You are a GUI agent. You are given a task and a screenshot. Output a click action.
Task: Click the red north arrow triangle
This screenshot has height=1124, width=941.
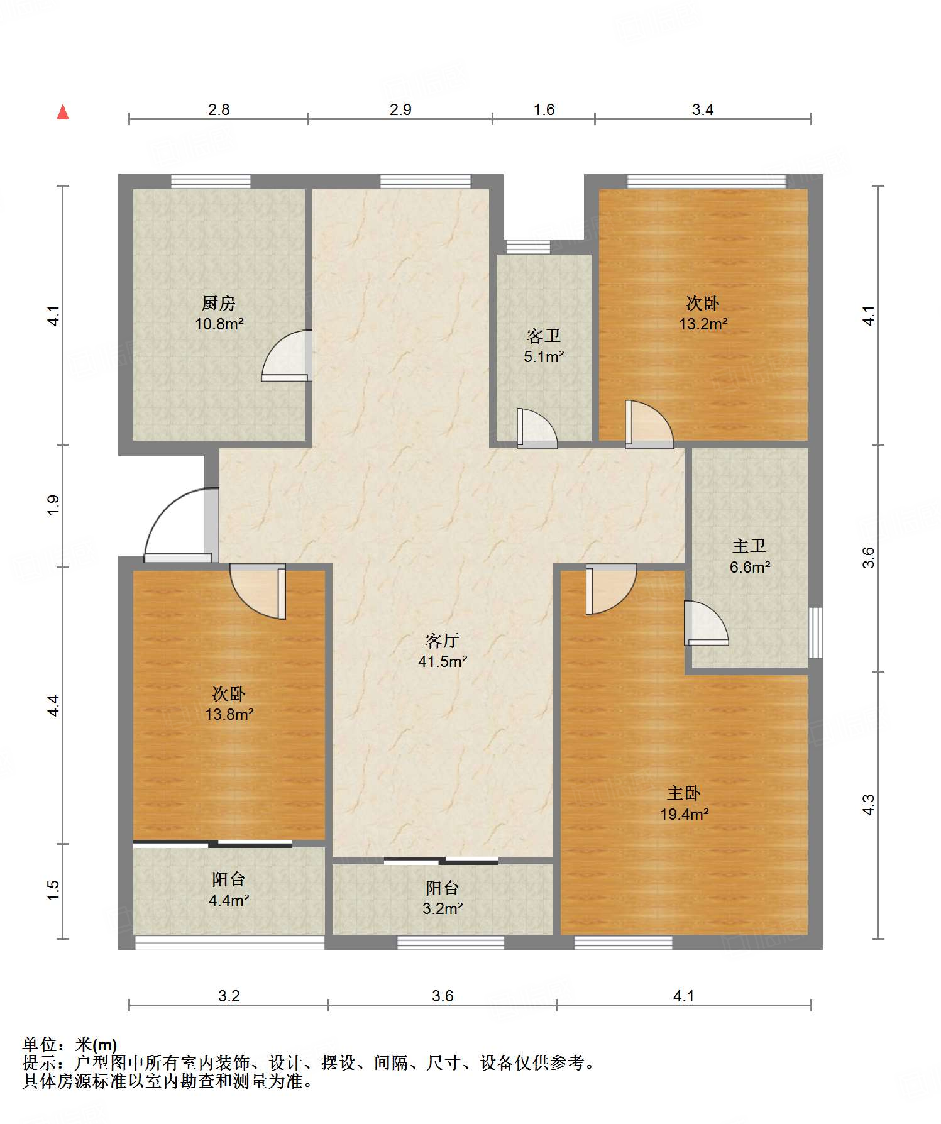point(63,112)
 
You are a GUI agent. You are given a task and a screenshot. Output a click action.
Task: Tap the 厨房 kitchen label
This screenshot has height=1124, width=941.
point(219,304)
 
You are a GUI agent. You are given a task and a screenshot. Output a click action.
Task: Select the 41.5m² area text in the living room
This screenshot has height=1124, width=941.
point(443,661)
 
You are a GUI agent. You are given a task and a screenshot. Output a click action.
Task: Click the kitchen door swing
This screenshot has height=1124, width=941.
point(287,355)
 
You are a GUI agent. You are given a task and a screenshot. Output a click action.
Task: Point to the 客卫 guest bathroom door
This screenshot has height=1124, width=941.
point(537,428)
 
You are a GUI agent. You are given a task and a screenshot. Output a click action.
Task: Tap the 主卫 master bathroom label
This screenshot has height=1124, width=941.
point(749,546)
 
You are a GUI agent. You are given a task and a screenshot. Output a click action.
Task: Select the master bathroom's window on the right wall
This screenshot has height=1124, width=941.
point(815,632)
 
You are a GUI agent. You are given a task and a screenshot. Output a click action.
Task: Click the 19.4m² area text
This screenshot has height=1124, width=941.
point(685,814)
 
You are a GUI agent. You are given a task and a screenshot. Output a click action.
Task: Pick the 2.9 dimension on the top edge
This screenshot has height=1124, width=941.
point(400,110)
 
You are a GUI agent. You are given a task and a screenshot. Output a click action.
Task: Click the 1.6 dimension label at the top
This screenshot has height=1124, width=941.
point(544,110)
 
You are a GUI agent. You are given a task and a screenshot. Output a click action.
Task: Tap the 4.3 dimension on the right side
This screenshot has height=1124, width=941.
point(868,805)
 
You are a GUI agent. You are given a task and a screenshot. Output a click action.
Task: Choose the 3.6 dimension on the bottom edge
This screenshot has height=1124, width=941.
point(443,996)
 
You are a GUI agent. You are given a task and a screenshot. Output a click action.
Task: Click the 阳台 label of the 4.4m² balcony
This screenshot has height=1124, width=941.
point(228,879)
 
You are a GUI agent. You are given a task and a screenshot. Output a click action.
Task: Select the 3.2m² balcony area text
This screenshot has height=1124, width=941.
point(443,908)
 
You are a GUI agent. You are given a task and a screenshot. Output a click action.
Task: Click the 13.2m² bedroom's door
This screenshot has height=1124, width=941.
point(649,424)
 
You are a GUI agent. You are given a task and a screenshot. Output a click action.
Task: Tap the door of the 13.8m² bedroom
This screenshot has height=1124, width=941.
point(258,591)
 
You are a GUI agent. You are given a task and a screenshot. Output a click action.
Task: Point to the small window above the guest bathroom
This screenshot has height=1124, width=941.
point(528,247)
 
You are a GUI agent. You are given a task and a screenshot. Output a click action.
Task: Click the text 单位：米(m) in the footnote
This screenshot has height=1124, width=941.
point(70,1045)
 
